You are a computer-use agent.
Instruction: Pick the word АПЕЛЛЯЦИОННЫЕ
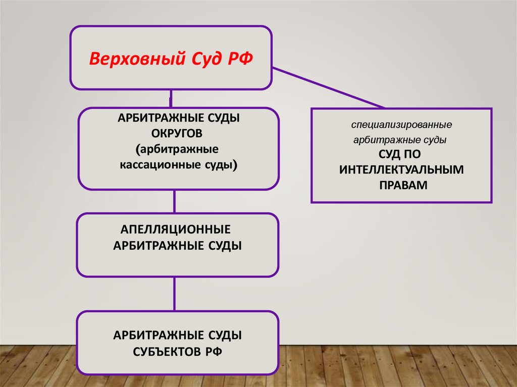point(176,230)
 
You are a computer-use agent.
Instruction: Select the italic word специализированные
point(402,124)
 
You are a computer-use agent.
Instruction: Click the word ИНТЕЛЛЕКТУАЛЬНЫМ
point(401,170)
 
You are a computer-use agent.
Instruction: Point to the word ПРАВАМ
point(402,185)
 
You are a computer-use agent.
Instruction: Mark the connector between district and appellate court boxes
point(174,201)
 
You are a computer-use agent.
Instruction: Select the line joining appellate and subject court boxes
point(174,294)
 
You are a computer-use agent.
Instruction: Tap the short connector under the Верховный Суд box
point(172,98)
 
